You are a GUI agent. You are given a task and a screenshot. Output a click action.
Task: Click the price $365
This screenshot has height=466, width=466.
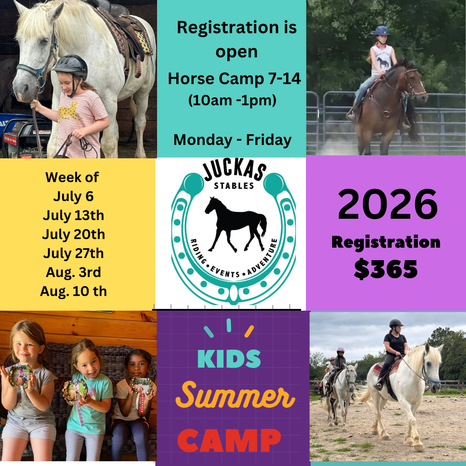pyautogui.click(x=386, y=269)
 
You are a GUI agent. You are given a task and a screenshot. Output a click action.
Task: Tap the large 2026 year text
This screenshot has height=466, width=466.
pyautogui.click(x=387, y=206)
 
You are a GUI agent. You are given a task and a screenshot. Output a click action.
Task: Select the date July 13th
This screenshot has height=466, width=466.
pyautogui.click(x=73, y=215)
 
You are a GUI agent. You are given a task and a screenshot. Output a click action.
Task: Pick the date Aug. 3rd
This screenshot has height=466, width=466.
pyautogui.click(x=73, y=272)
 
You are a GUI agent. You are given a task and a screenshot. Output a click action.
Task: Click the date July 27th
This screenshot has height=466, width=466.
pyautogui.click(x=73, y=253)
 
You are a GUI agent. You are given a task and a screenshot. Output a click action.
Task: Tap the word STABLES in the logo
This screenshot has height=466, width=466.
pyautogui.click(x=233, y=186)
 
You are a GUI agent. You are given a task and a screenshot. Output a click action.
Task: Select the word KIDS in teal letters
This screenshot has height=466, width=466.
pyautogui.click(x=229, y=359)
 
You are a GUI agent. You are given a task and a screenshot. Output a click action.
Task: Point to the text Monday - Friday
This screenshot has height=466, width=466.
pyautogui.click(x=232, y=140)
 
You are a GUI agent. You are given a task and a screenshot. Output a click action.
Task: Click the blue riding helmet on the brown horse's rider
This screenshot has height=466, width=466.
pyautogui.click(x=381, y=31)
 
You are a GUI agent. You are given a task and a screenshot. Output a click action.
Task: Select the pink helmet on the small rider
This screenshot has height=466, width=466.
pyautogui.click(x=340, y=350)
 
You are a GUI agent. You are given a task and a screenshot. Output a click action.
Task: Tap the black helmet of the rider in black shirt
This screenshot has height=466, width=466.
pyautogui.click(x=396, y=323)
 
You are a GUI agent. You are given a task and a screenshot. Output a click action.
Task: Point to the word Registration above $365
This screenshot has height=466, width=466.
pyautogui.click(x=386, y=242)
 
